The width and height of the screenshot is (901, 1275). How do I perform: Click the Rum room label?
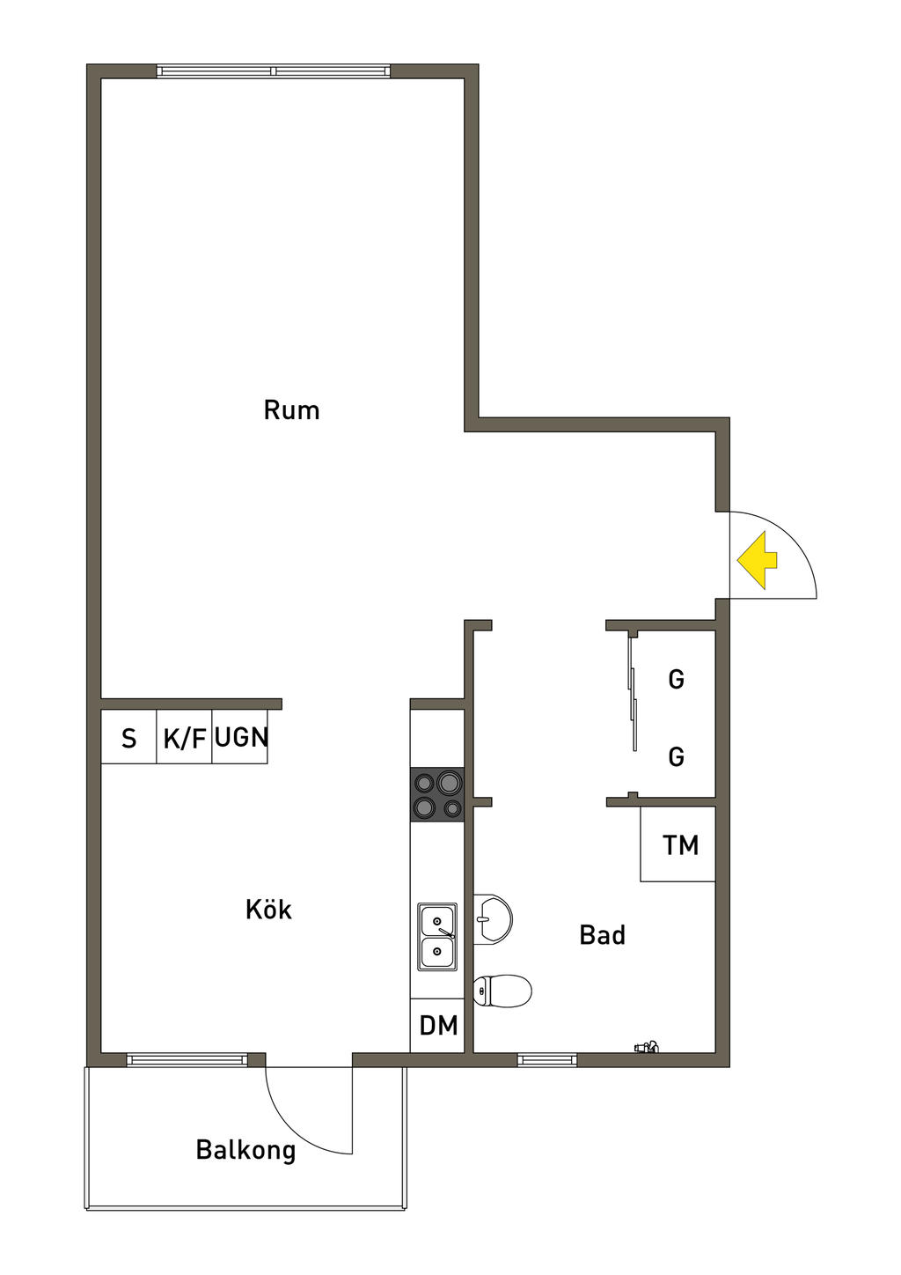click(291, 410)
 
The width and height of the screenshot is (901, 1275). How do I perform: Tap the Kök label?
click(268, 910)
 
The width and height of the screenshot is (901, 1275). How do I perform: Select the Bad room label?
click(603, 935)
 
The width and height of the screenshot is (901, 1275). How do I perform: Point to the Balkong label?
click(245, 1150)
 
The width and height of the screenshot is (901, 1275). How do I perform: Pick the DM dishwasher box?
click(438, 1026)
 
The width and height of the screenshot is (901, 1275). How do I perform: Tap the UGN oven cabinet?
click(240, 738)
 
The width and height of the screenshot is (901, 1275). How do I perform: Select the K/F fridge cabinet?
click(185, 738)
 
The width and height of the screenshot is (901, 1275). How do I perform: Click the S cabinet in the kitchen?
click(129, 738)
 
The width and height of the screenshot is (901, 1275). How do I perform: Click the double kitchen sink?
click(437, 937)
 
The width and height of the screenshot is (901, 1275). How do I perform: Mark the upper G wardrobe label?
click(676, 680)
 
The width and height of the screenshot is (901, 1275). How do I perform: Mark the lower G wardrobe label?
click(676, 757)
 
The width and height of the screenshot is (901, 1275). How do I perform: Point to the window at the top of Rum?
click(273, 71)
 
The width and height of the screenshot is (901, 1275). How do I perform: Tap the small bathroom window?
click(547, 1059)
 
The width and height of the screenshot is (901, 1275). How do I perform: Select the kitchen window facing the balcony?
click(187, 1059)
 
